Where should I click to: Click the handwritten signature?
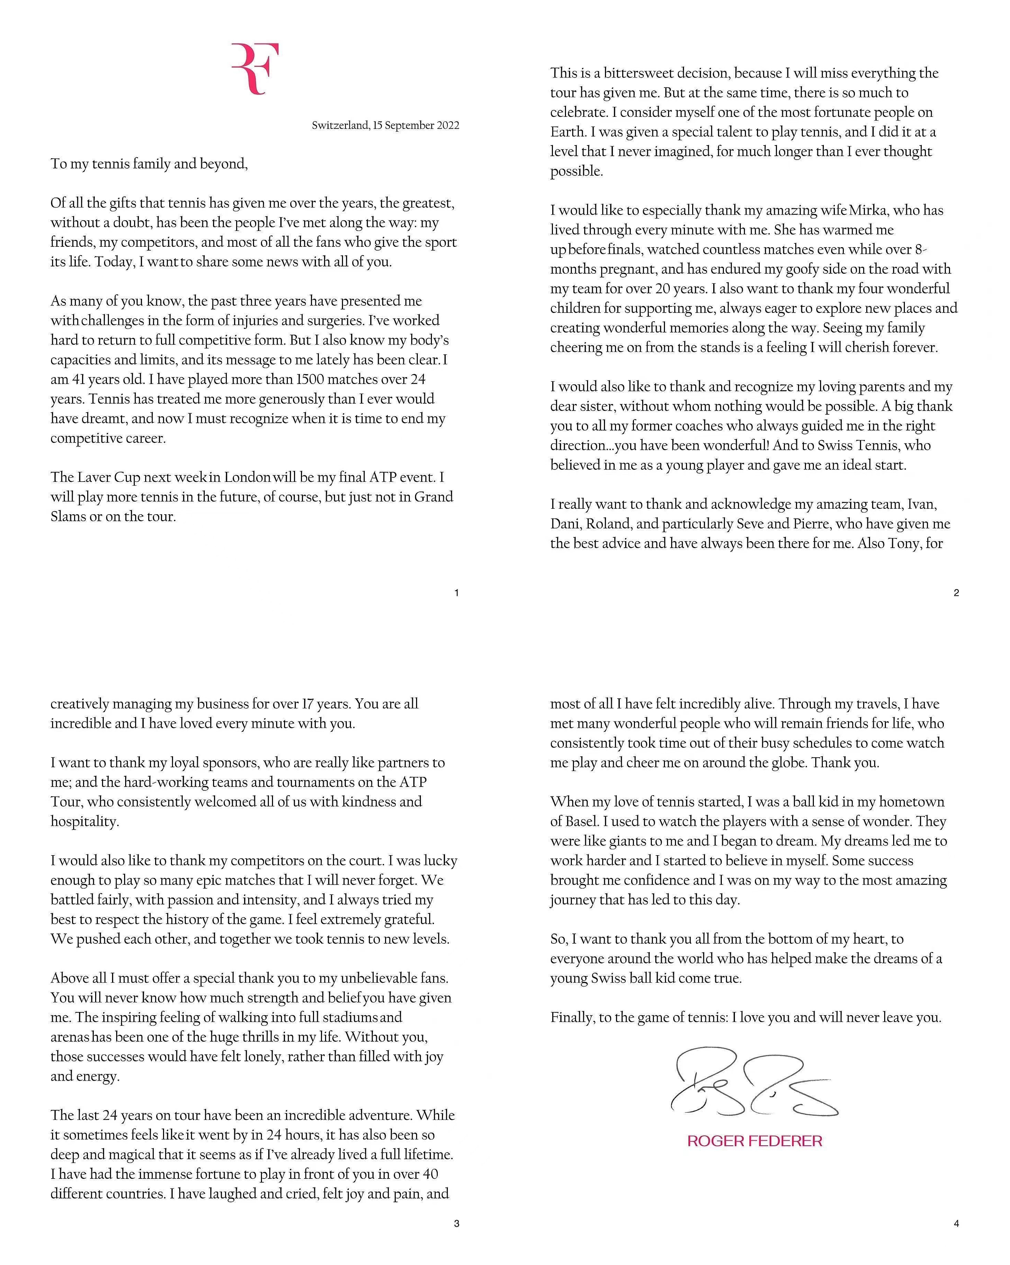(754, 1083)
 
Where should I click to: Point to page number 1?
(457, 593)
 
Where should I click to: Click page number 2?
(956, 593)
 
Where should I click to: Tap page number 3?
(457, 1223)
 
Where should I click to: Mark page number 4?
(956, 1223)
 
